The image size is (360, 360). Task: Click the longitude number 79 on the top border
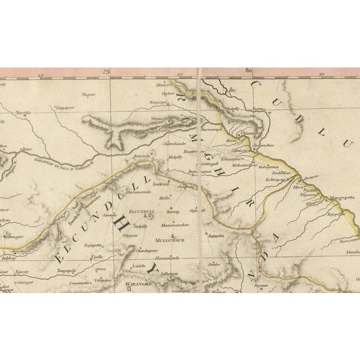105,72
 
